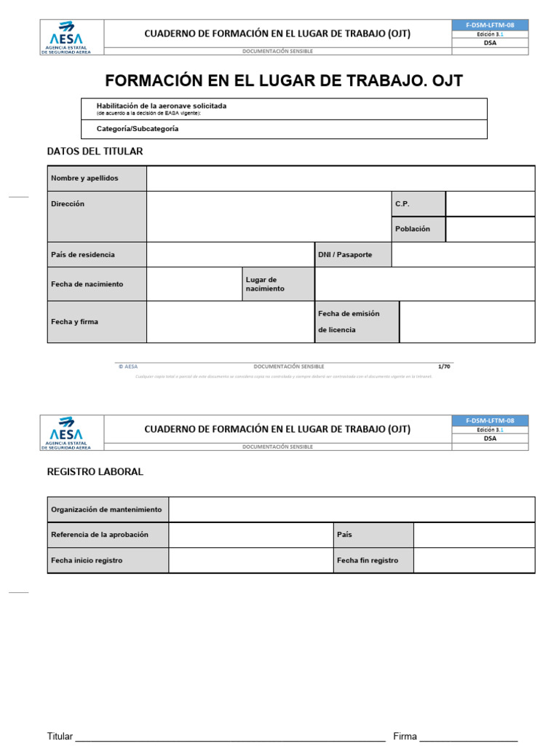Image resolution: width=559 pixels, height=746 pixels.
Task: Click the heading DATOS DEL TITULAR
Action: (95, 152)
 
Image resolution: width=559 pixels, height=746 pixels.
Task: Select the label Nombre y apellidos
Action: (84, 178)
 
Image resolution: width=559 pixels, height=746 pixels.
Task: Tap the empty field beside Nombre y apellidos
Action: (341, 178)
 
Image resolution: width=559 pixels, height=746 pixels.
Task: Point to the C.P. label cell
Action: (403, 204)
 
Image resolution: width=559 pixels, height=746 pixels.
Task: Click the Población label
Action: (413, 229)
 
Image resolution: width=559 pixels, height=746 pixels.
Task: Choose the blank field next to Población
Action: (490, 229)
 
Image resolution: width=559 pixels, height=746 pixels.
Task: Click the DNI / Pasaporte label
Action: (345, 255)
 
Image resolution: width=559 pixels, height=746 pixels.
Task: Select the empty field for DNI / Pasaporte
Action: (463, 255)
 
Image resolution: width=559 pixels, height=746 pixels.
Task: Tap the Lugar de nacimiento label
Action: (265, 284)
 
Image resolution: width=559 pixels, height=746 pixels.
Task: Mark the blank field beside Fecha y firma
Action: (230, 321)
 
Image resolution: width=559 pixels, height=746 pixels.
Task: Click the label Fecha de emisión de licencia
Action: (349, 321)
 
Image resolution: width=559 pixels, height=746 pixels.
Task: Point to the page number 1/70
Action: (444, 366)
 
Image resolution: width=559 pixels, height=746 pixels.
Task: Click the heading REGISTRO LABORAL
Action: (95, 472)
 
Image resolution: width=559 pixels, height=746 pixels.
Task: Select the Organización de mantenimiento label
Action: (106, 510)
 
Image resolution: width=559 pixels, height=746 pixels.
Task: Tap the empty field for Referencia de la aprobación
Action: (250, 535)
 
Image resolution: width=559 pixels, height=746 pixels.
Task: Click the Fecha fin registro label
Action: (368, 560)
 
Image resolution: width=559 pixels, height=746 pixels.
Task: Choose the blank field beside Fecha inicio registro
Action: (250, 560)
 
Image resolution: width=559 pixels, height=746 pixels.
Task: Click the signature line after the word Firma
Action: (469, 737)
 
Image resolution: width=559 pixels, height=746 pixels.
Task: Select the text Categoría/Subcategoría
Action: (138, 129)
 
